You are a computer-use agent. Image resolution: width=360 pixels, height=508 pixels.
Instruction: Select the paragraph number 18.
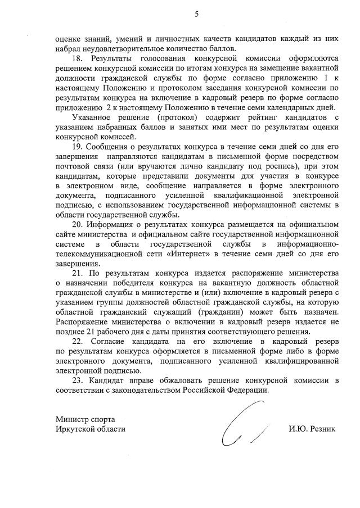coord(78,57)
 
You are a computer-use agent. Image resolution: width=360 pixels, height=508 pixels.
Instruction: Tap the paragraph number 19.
coord(78,146)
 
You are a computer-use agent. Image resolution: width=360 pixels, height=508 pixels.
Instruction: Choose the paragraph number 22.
coord(78,341)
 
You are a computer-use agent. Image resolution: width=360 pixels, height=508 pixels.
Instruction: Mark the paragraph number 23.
coord(78,380)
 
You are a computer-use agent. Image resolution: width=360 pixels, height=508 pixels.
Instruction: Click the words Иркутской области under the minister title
coord(91,429)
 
